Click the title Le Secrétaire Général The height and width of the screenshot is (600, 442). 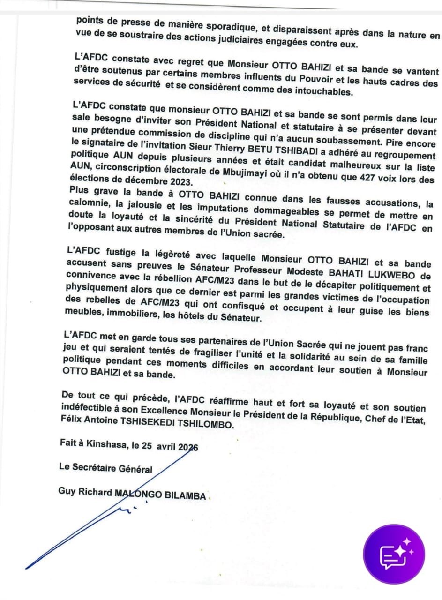(105, 468)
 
